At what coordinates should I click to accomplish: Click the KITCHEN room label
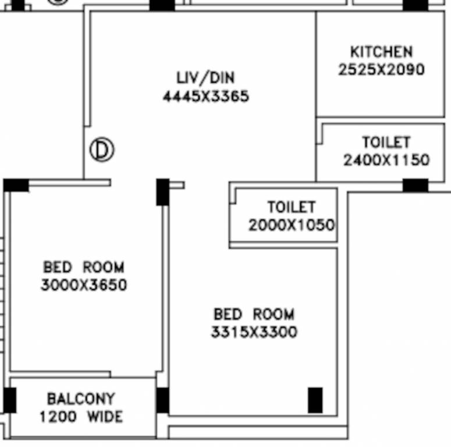[381, 52]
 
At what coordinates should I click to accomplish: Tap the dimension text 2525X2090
[381, 70]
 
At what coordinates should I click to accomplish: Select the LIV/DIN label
[205, 78]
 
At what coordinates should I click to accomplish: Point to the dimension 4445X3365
[205, 96]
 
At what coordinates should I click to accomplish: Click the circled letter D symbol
[102, 150]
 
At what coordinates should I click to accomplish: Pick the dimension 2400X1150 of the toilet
[386, 160]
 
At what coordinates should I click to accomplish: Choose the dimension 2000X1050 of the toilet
[292, 225]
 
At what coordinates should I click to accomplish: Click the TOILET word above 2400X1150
[386, 143]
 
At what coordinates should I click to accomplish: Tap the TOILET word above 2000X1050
[292, 207]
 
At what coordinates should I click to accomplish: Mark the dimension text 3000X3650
[84, 286]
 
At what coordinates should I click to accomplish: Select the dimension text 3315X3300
[254, 332]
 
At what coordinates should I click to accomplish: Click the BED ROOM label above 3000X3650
[84, 268]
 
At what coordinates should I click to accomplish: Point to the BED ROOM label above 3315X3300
[254, 315]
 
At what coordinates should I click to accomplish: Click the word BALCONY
[81, 399]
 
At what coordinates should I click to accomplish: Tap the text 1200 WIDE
[81, 417]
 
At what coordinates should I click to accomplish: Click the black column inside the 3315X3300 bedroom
[315, 400]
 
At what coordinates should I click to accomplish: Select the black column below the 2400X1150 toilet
[416, 186]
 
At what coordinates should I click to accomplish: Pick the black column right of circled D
[163, 192]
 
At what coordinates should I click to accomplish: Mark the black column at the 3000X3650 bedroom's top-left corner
[16, 186]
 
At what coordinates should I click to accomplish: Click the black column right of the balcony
[163, 400]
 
